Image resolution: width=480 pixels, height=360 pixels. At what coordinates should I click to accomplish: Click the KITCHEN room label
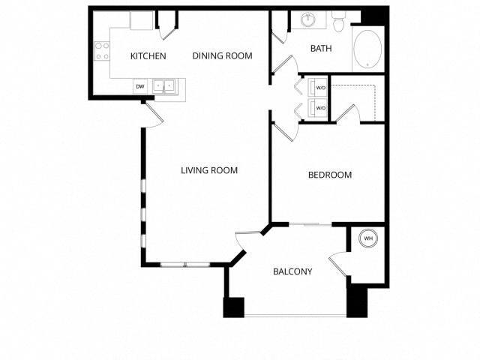(148, 56)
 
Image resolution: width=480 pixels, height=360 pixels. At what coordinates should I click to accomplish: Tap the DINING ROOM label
(222, 55)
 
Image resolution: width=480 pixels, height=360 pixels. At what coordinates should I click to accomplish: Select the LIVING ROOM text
(209, 171)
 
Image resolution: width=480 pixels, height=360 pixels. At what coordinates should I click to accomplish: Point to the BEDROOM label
(330, 175)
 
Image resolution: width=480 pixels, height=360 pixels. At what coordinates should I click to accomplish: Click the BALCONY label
(292, 271)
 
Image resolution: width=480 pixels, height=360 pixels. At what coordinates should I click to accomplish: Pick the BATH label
(322, 49)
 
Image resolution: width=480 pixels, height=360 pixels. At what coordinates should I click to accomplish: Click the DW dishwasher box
(140, 87)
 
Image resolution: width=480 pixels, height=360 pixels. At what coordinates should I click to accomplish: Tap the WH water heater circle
(368, 238)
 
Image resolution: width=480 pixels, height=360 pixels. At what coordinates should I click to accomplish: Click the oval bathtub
(367, 49)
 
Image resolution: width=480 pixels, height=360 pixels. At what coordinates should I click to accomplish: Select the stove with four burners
(100, 52)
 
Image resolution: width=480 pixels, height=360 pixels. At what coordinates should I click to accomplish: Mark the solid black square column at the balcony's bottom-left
(233, 307)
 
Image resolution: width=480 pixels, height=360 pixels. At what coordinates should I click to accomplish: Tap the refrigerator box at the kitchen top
(141, 20)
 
